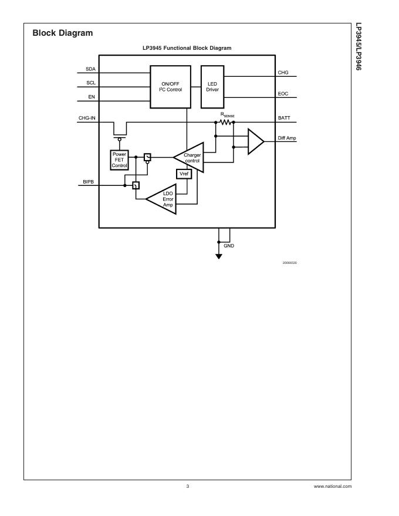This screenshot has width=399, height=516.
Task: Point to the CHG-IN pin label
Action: [87, 118]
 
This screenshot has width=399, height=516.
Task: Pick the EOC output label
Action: [283, 94]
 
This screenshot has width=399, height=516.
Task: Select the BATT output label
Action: [284, 118]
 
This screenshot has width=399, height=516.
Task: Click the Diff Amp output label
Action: [287, 138]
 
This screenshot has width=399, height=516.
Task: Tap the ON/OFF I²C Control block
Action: [171, 87]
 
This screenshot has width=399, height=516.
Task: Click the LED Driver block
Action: [212, 87]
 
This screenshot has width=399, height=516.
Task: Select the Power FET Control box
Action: [119, 159]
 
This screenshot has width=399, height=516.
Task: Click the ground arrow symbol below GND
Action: [219, 256]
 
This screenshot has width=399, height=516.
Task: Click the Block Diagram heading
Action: [63, 33]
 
